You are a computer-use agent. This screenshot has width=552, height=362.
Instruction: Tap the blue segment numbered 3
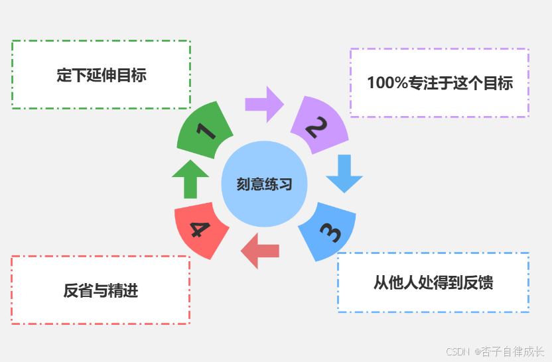click(x=328, y=230)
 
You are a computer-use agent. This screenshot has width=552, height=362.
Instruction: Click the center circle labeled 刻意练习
click(x=264, y=184)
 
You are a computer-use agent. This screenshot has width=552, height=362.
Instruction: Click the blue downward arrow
click(x=344, y=173)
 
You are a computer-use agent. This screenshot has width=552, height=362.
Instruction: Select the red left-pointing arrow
click(x=259, y=251)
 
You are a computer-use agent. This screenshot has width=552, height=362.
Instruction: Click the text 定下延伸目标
click(x=101, y=75)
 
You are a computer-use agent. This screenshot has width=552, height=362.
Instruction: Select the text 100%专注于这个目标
click(x=439, y=83)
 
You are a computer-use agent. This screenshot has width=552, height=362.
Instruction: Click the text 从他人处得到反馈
click(x=433, y=282)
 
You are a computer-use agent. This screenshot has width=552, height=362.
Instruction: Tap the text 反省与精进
click(x=101, y=290)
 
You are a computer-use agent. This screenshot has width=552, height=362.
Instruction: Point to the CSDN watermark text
click(x=457, y=351)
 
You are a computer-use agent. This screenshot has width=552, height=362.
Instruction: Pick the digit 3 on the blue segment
click(x=330, y=232)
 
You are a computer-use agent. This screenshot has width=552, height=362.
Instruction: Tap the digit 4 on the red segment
click(x=200, y=229)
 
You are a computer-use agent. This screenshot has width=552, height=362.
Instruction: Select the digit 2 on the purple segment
click(x=318, y=126)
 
